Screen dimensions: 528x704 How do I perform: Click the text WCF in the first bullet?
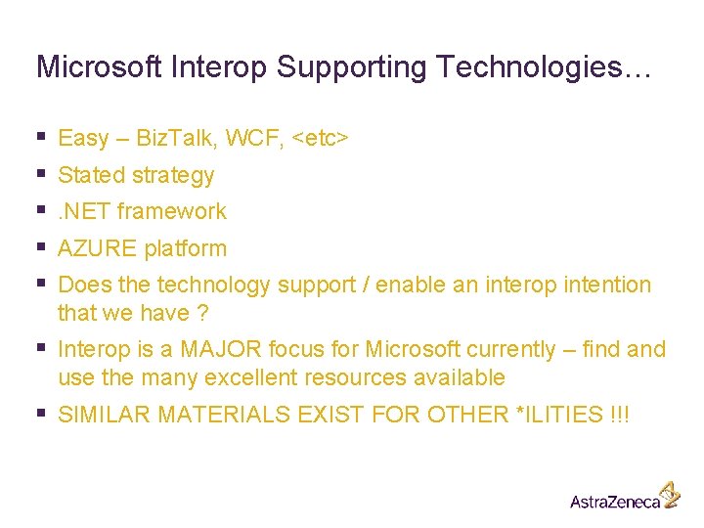point(252,139)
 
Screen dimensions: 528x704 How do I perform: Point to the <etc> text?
point(319,139)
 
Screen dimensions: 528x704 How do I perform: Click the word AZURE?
point(98,249)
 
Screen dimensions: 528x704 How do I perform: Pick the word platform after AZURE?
point(185,249)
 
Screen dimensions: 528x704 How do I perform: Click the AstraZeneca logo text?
point(615,501)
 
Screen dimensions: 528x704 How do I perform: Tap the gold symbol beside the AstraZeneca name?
point(669,494)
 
